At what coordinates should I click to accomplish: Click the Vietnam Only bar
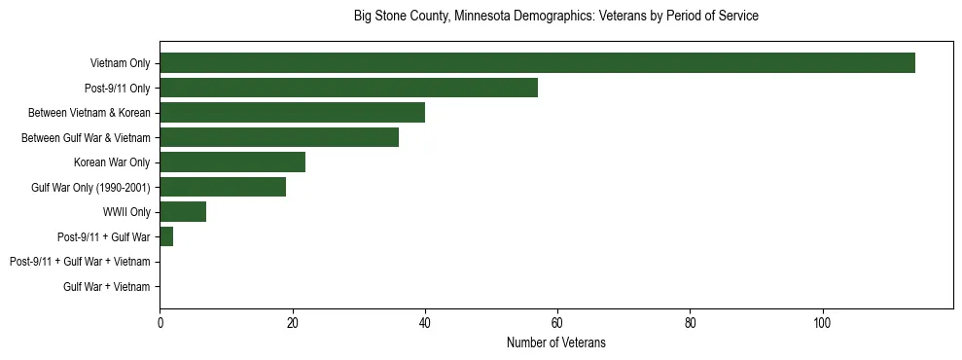click(x=537, y=63)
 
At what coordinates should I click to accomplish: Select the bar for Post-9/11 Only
click(x=348, y=88)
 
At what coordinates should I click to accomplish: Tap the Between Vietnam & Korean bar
click(x=292, y=113)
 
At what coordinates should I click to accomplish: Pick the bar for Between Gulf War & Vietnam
click(x=279, y=137)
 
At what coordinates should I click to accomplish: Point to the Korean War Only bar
click(x=232, y=162)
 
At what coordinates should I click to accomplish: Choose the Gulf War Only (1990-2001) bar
click(x=223, y=187)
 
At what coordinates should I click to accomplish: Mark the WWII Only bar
click(x=183, y=212)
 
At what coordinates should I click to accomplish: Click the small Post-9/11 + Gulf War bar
click(x=166, y=236)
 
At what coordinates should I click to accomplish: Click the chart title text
click(x=555, y=17)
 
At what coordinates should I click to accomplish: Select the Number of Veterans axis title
click(x=555, y=342)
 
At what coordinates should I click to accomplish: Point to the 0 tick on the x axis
click(x=160, y=323)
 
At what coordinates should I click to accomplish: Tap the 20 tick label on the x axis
click(x=292, y=323)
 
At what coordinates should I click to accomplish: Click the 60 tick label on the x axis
click(x=557, y=323)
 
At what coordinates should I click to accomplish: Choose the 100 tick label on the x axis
click(x=822, y=323)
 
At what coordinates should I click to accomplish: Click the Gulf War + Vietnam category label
click(x=107, y=287)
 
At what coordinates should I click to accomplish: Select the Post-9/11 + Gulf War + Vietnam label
click(x=80, y=262)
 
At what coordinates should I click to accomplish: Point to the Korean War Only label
click(x=112, y=162)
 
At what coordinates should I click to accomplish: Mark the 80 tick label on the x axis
click(x=690, y=323)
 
